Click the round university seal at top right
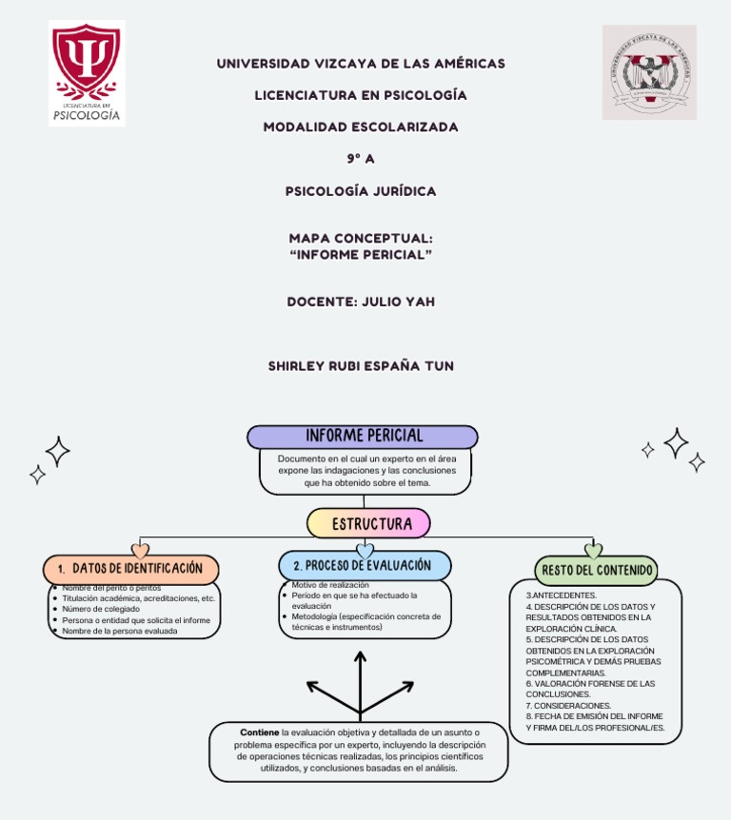[x=649, y=72]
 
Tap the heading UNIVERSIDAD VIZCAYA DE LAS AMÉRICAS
[x=361, y=64]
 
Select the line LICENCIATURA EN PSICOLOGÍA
[x=361, y=95]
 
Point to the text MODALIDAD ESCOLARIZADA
[x=361, y=127]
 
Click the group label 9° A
[x=361, y=159]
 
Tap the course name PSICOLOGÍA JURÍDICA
[x=361, y=191]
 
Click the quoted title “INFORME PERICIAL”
[x=361, y=255]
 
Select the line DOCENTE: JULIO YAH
[x=361, y=302]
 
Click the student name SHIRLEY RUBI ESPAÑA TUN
[x=361, y=365]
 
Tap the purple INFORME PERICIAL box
[x=363, y=437]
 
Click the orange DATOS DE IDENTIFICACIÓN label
[x=131, y=569]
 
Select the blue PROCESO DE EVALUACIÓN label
[x=365, y=566]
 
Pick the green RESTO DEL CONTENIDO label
[x=597, y=571]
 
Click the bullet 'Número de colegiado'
[x=101, y=609]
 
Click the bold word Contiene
[x=260, y=732]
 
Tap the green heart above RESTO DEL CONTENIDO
[x=593, y=551]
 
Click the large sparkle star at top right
[x=677, y=442]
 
